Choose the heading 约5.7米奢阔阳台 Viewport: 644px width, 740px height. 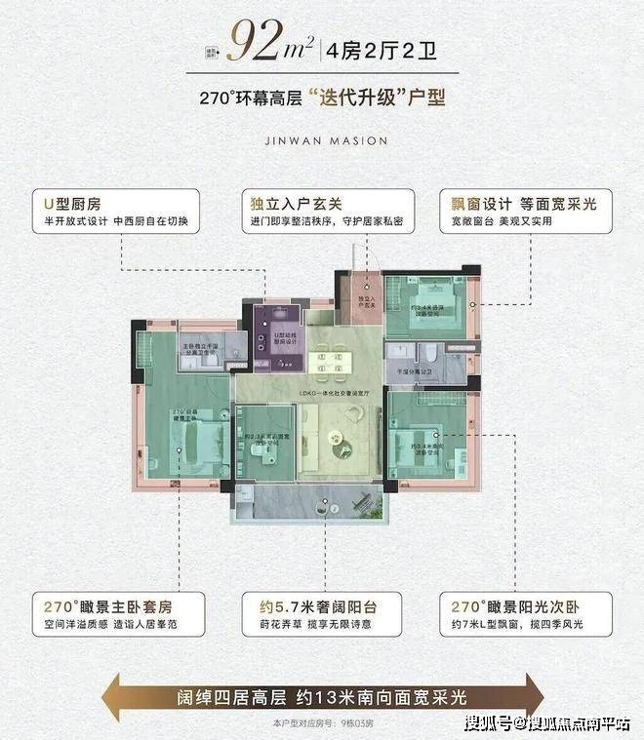[308, 603]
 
